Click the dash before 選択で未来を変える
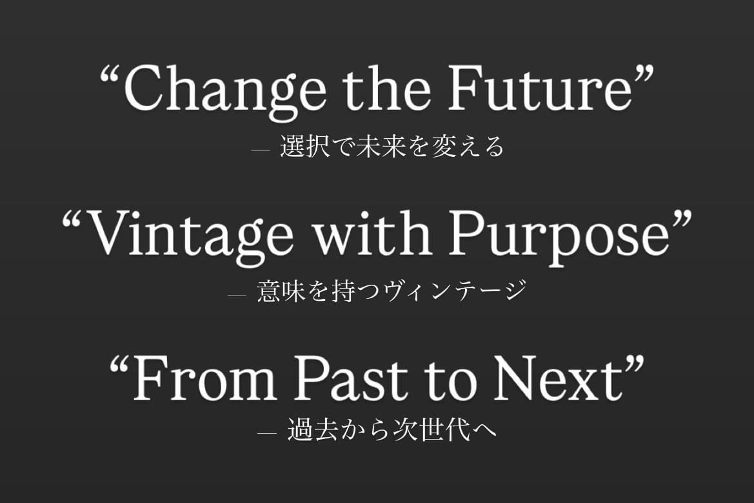tap(260, 150)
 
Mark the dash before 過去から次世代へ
tap(267, 433)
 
